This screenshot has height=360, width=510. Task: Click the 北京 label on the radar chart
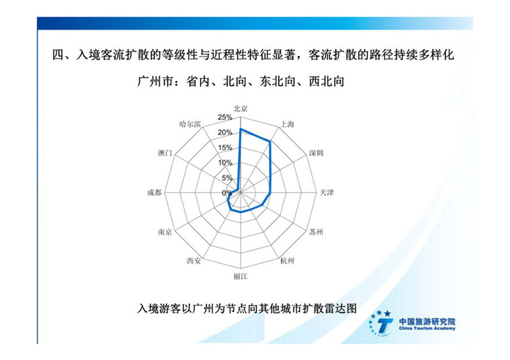point(240,108)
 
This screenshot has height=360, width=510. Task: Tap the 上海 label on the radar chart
point(288,124)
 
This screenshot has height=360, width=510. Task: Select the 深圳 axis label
point(316,153)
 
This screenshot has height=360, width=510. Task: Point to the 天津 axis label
point(326,192)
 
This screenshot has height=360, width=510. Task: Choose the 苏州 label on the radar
point(316,232)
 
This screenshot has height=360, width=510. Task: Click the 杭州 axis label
point(288,261)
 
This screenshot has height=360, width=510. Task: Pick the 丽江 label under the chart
point(240,277)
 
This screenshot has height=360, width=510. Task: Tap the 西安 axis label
point(194,261)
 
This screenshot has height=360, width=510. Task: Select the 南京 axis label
point(165,232)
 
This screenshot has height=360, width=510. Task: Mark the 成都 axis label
point(154,192)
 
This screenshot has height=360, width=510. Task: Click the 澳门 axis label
point(165,153)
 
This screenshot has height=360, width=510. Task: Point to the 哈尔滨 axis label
point(190,124)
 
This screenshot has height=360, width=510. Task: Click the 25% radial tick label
point(225,117)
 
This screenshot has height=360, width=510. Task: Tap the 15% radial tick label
point(225,148)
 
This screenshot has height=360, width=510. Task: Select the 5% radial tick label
point(227,178)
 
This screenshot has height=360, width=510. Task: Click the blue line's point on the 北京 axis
point(241,129)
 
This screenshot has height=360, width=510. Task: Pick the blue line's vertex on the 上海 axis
point(269,141)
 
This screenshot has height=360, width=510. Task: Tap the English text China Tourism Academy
point(427,328)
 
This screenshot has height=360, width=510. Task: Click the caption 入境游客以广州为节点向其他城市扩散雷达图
point(247,308)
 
